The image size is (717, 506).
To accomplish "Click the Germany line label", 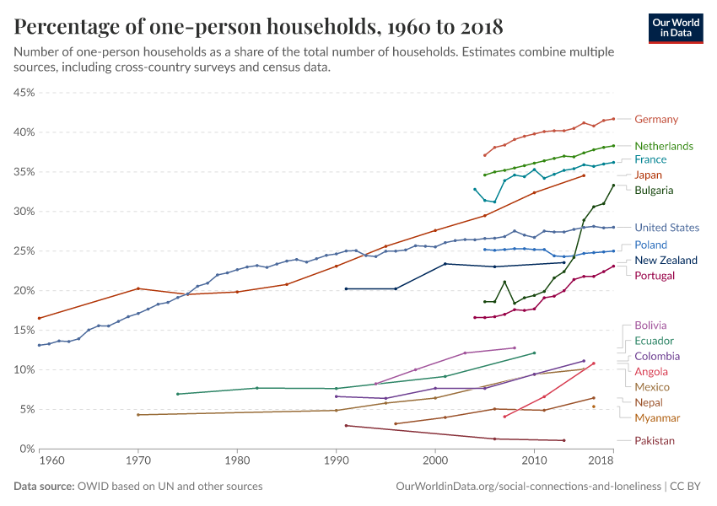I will tap(656, 120).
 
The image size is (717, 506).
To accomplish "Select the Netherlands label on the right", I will tap(664, 146).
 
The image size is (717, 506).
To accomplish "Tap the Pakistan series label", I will tap(655, 441).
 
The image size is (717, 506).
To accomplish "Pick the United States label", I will tap(667, 228).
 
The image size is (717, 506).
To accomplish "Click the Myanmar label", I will tap(657, 418).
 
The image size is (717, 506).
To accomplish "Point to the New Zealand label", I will tap(666, 260).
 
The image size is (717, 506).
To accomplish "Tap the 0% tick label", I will tap(26, 449).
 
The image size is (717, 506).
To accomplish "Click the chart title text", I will tap(259, 27).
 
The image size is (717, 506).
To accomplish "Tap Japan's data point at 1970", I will tap(138, 288).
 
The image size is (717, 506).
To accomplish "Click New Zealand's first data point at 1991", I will tap(346, 288).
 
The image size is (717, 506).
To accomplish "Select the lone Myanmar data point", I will tap(594, 406).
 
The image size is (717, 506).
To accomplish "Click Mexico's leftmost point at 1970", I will tap(138, 415).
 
